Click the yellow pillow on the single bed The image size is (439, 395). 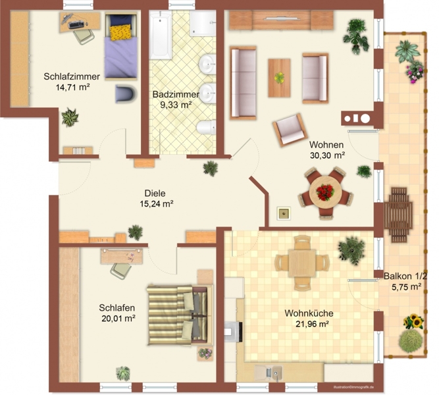coord(120,32)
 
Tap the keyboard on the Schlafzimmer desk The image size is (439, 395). coord(76,24)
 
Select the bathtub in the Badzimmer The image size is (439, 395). coord(160,34)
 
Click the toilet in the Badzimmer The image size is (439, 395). coord(207,127)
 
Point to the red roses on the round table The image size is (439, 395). coord(325,192)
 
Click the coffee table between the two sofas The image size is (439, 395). coord(279,78)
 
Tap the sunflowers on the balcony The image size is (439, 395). coord(413,321)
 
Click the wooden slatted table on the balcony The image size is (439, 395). coord(398,215)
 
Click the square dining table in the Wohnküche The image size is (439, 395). coord(302,263)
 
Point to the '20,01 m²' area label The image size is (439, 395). coord(118,318)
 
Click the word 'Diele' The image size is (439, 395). coord(155,193)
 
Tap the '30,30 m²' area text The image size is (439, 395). coord(327,155)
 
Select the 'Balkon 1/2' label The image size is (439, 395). coord(405,276)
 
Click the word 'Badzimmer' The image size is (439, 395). coord(176,94)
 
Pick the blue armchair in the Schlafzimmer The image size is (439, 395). coord(126,93)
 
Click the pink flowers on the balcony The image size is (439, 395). coord(415,72)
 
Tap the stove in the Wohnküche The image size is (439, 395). coord(233,332)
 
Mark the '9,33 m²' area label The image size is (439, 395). coord(176,105)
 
